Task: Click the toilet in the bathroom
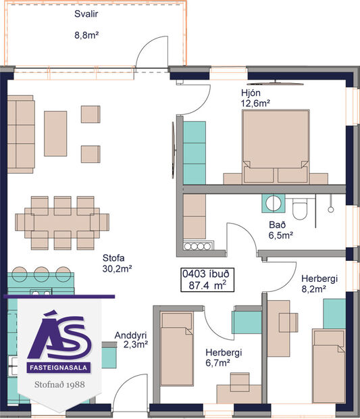pos(301,208)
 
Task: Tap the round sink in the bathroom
pos(274,203)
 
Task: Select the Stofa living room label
pos(114,257)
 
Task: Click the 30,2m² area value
pos(116,268)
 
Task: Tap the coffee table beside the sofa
pos(55,133)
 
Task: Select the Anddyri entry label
pos(131,335)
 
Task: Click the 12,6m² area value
pos(255,103)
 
